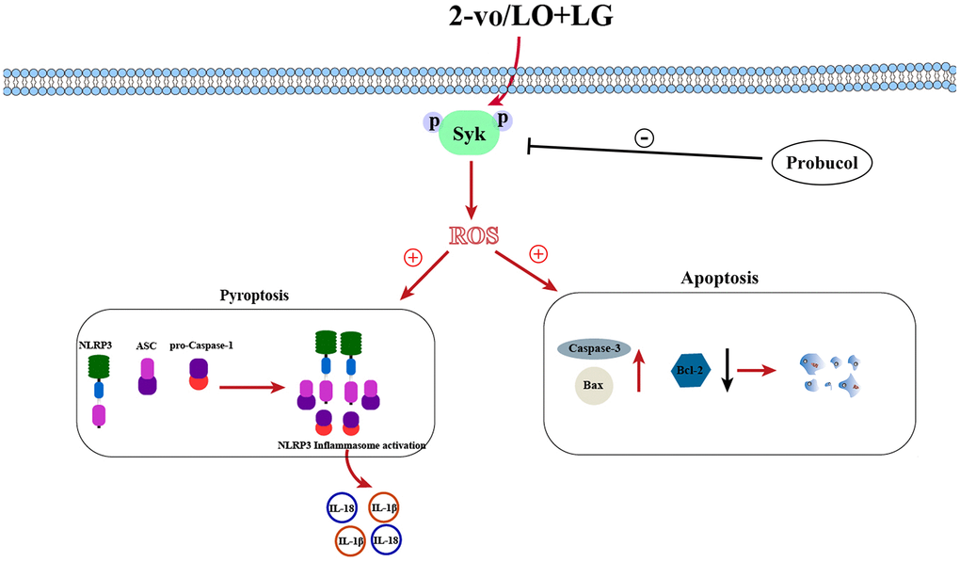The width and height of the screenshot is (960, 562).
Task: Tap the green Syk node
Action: click(x=470, y=135)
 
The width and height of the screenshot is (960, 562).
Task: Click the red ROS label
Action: click(x=473, y=234)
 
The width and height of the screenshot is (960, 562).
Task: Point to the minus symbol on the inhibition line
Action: click(x=645, y=138)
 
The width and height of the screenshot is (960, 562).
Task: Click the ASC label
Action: click(x=146, y=345)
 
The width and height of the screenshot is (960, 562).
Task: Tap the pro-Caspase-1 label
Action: click(x=201, y=345)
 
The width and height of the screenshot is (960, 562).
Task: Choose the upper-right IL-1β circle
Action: click(x=385, y=508)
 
